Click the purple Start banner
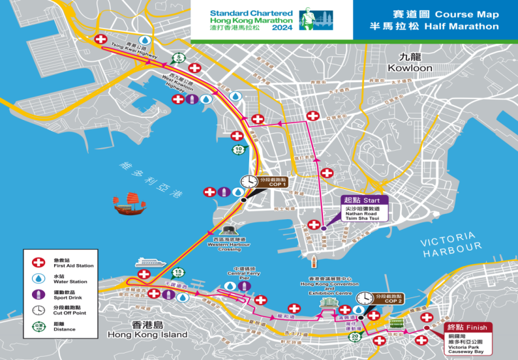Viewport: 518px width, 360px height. click(365, 199)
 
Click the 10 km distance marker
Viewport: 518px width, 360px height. click(239, 149)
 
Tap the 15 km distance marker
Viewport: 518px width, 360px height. click(177, 273)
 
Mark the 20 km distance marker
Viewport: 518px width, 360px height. click(354, 337)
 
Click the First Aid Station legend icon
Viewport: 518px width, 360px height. click(38, 262)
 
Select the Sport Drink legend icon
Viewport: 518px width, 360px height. click(38, 293)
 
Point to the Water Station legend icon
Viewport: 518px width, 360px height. click(38, 278)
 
